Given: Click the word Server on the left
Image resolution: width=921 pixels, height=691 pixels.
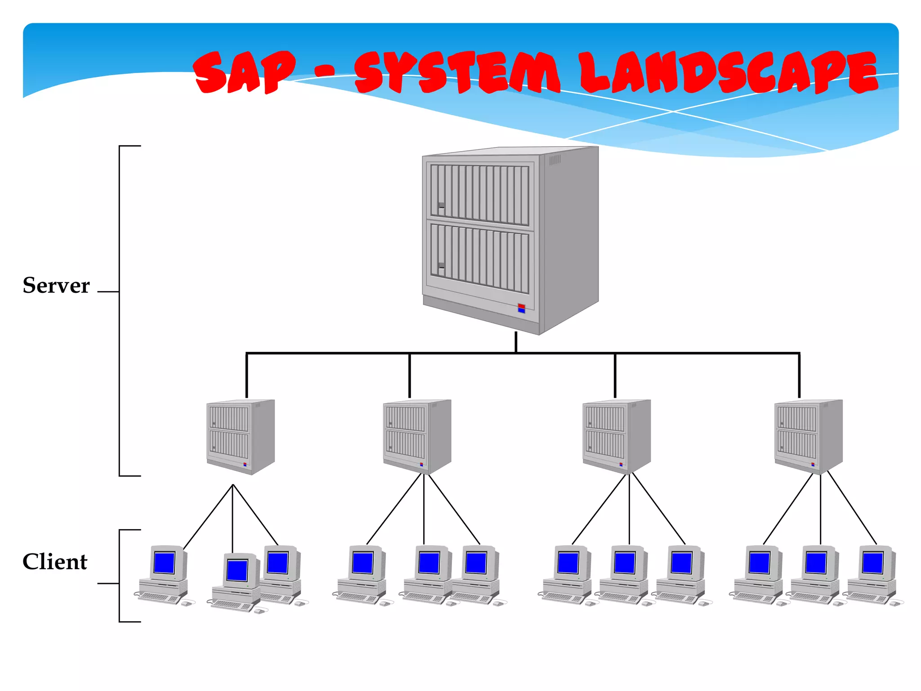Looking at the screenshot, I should pyautogui.click(x=56, y=286).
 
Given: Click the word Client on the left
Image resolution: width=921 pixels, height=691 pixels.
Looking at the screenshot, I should pyautogui.click(x=55, y=562).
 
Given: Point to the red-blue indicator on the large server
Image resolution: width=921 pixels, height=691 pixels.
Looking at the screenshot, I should pyautogui.click(x=521, y=308).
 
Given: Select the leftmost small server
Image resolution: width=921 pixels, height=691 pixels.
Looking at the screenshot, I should pyautogui.click(x=241, y=436).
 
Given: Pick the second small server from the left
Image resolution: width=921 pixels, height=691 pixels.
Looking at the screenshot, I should pyautogui.click(x=417, y=436).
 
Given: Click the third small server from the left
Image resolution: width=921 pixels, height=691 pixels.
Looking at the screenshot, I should pyautogui.click(x=617, y=436).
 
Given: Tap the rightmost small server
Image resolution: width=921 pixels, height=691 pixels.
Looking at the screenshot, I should pyautogui.click(x=808, y=436).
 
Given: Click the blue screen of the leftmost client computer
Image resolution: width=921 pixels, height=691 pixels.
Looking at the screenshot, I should pyautogui.click(x=164, y=563).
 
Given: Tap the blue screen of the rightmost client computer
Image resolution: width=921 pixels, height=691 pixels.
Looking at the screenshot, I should pyautogui.click(x=872, y=563).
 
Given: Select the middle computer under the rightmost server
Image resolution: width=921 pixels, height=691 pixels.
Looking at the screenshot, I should pyautogui.click(x=815, y=576).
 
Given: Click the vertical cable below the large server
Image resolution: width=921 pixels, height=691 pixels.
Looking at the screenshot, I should pyautogui.click(x=516, y=342).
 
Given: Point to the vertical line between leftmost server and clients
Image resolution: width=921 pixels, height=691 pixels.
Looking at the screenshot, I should pyautogui.click(x=232, y=517).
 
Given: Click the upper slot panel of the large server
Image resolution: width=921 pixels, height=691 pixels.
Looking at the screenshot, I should pyautogui.click(x=479, y=195).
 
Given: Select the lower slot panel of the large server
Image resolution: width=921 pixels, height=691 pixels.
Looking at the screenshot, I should pyautogui.click(x=479, y=258).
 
